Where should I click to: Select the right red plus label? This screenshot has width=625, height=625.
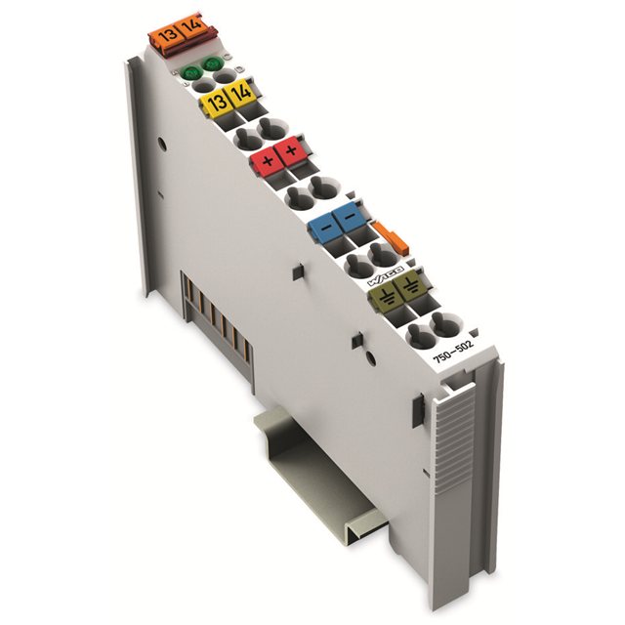pyautogui.click(x=291, y=151)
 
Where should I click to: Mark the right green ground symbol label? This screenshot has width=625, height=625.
pyautogui.click(x=408, y=284)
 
